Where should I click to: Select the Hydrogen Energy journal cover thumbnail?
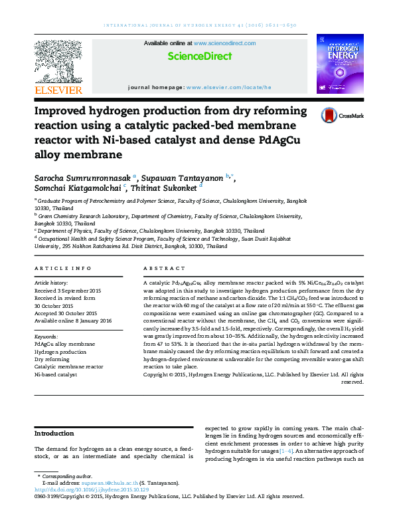tap(339, 62)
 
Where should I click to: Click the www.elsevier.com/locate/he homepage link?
tap(228, 87)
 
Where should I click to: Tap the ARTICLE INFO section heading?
tap(62, 268)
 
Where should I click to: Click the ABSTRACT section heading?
tap(164, 268)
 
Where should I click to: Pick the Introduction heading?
tap(54, 434)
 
